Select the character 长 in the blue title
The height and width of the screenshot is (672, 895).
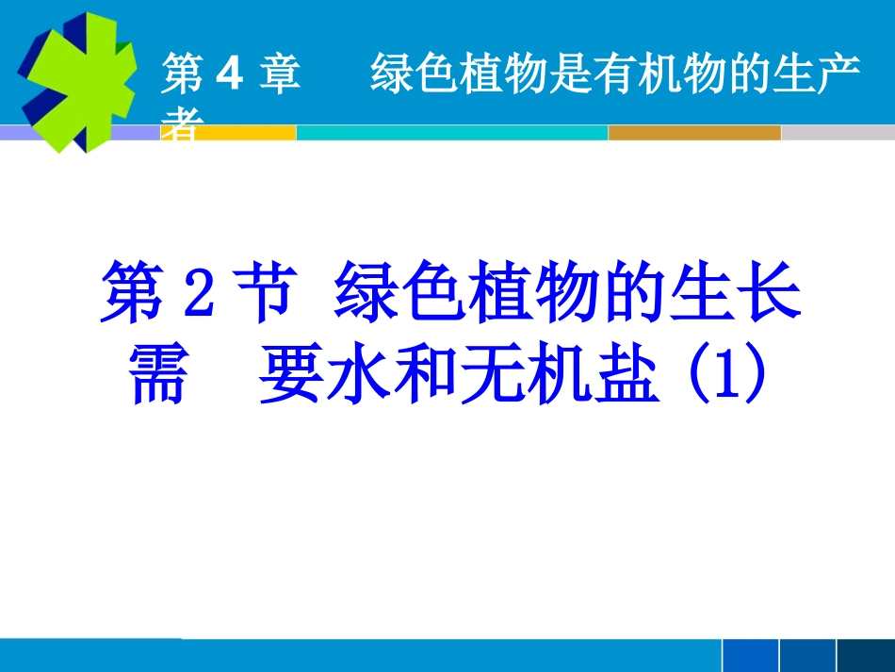point(772,294)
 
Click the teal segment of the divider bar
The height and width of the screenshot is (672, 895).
point(452,133)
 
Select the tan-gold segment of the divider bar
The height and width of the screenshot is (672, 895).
point(694,133)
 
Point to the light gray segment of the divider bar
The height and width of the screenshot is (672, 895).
point(837,133)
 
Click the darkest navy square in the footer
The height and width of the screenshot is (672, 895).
point(866,656)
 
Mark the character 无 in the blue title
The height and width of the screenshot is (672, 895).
point(486,373)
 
